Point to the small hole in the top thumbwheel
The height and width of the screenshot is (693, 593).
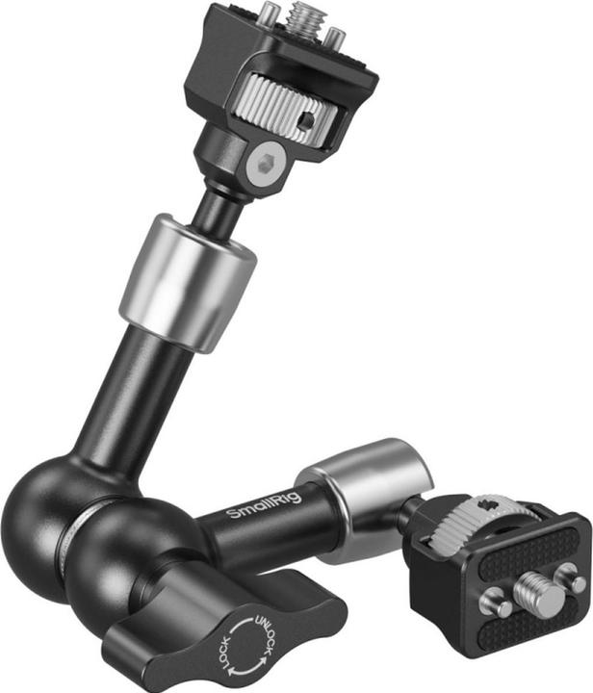(x=303, y=121)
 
